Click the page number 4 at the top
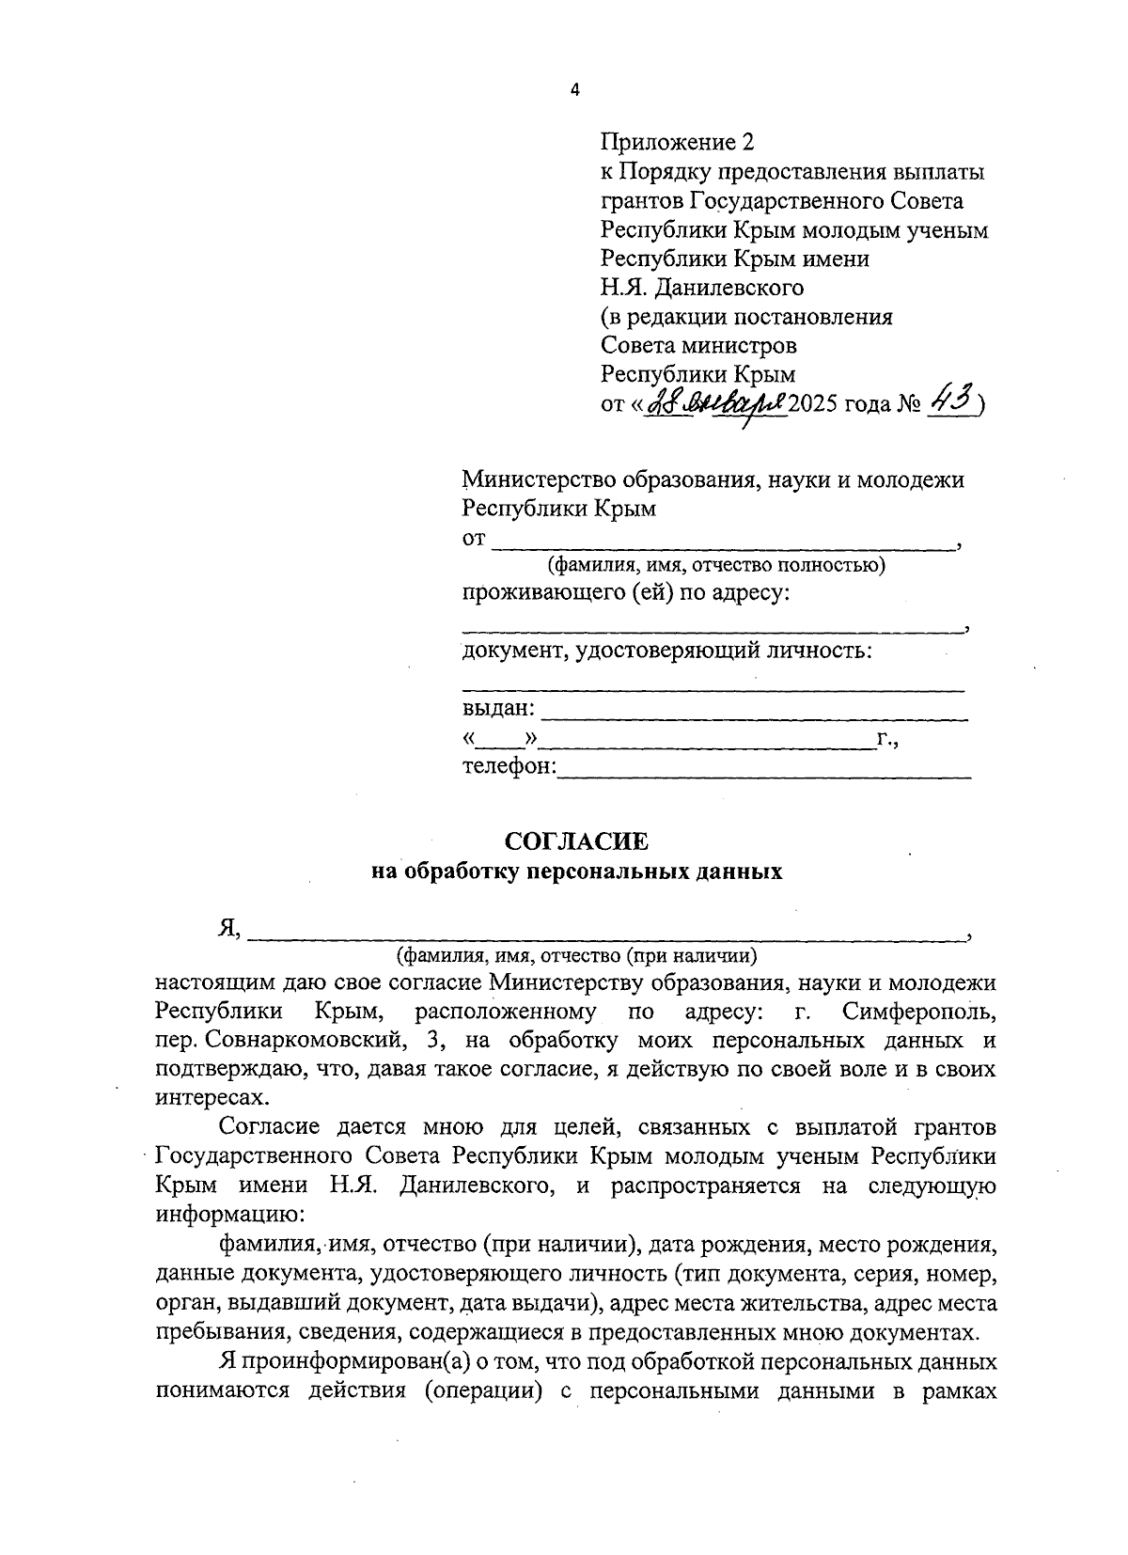click(x=575, y=90)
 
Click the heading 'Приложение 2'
click(x=677, y=143)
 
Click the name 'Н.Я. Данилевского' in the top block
click(x=702, y=288)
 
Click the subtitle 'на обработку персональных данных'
click(x=576, y=872)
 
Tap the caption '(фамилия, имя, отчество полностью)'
click(x=717, y=566)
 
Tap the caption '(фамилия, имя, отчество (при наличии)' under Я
click(x=576, y=957)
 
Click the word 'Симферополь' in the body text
click(x=918, y=1013)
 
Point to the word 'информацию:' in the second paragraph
click(x=224, y=1214)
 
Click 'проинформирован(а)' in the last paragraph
click(x=337, y=1361)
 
